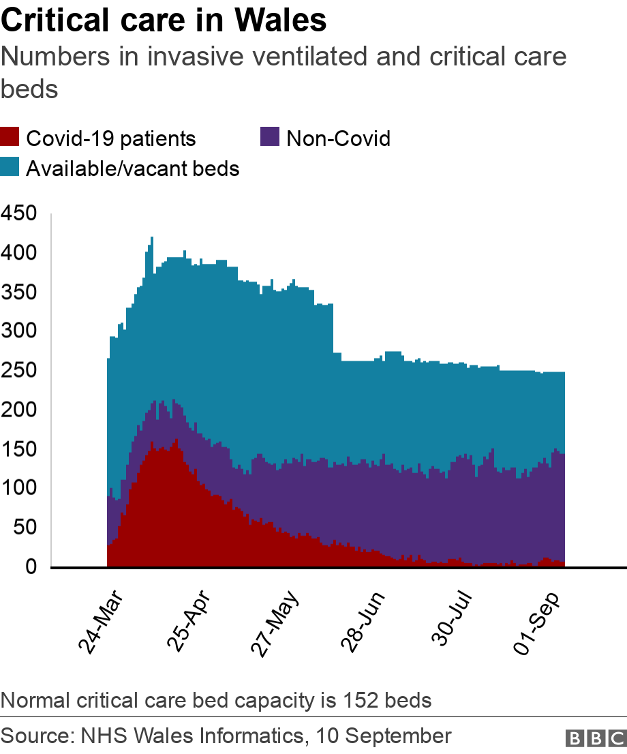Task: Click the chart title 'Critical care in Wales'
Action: [164, 22]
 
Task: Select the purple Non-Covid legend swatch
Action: [271, 138]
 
